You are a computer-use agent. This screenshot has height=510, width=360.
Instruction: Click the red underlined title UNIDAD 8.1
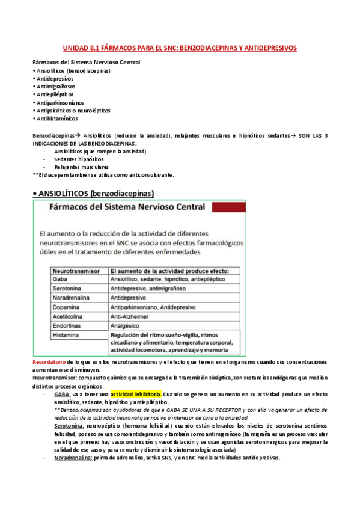180,48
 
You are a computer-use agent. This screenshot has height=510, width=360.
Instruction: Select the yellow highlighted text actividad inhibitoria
135,393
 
